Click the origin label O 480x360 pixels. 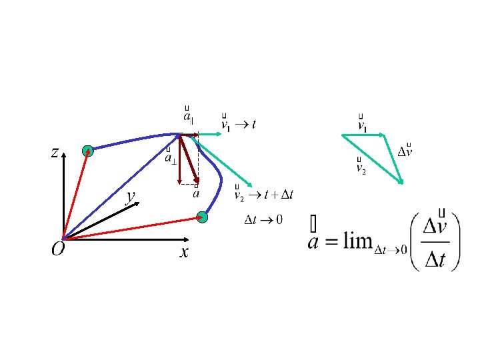pyautogui.click(x=58, y=249)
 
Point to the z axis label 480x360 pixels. pyautogui.click(x=53, y=153)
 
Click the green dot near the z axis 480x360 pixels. pyautogui.click(x=87, y=151)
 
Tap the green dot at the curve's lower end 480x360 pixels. pyautogui.click(x=203, y=217)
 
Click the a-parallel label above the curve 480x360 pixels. pyautogui.click(x=189, y=117)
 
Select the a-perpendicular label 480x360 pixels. pyautogui.click(x=171, y=158)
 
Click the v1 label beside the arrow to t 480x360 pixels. pyautogui.click(x=226, y=125)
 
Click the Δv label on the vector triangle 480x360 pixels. pyautogui.click(x=405, y=151)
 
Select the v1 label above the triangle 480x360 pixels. pyautogui.click(x=362, y=125)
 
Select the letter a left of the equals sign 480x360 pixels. pyautogui.click(x=315, y=241)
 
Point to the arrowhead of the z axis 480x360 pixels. pyautogui.click(x=63, y=155)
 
